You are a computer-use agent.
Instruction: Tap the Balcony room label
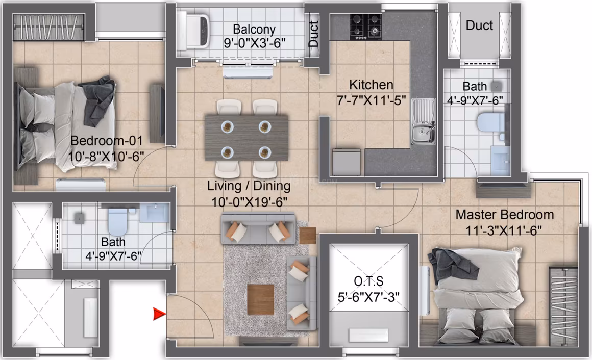pos(254,29)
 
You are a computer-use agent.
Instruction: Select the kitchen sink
pos(423,121)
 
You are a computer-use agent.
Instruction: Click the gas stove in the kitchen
pos(365,27)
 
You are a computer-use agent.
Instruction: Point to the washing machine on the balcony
pos(193,30)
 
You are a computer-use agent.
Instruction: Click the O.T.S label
pos(369,281)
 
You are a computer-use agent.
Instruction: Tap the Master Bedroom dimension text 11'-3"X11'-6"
pos(504,230)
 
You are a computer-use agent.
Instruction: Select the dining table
pos(246,138)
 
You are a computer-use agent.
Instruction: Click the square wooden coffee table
pos(260,300)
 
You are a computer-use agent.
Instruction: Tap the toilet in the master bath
pos(490,121)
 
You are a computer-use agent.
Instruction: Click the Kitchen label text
pos(371,85)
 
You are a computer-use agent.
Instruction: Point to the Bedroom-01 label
pos(107,141)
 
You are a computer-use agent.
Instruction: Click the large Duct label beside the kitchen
pos(479,25)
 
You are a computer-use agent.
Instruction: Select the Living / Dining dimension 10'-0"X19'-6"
pos(249,202)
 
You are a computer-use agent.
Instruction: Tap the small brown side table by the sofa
pos(307,236)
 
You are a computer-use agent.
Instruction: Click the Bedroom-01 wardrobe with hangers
pos(48,27)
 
